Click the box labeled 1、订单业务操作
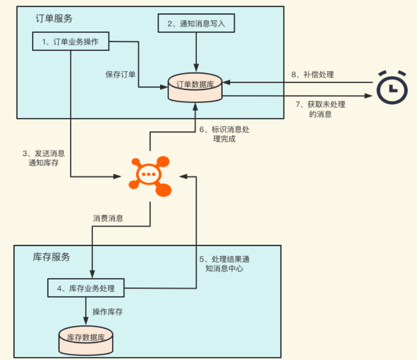tap(71, 41)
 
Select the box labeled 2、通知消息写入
tap(196, 22)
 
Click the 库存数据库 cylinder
tap(86, 337)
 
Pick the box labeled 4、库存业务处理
tap(85, 288)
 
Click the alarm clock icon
tap(392, 87)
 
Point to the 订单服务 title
tap(53, 18)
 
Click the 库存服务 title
tap(51, 257)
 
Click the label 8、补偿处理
tap(312, 74)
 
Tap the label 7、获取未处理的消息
tap(320, 109)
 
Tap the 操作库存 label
tap(107, 311)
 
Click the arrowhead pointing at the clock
tap(369, 95)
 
